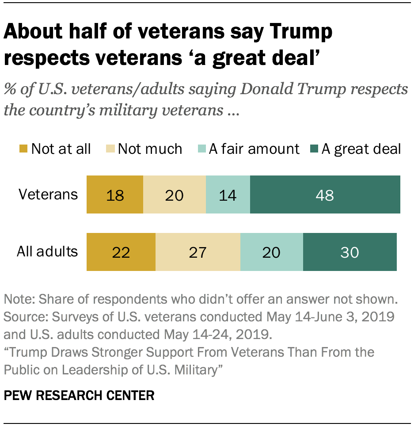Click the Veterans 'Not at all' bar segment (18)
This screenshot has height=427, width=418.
click(115, 194)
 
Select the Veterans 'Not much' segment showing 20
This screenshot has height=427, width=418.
click(175, 194)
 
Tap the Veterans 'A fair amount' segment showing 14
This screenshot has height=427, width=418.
click(228, 194)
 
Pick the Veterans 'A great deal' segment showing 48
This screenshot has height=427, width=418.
click(325, 194)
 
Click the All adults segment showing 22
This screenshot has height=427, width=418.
click(121, 252)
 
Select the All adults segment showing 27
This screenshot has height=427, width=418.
click(198, 252)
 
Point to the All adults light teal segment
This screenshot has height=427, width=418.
click(272, 252)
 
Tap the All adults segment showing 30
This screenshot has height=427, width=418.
click(350, 252)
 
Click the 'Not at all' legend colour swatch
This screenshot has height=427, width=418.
click(24, 149)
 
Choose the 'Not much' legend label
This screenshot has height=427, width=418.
click(150, 149)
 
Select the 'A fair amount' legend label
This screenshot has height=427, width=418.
click(254, 149)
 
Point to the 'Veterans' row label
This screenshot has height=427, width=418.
click(48, 194)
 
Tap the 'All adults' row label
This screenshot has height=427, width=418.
click(47, 252)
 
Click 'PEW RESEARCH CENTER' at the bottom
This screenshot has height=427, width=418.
click(79, 395)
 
